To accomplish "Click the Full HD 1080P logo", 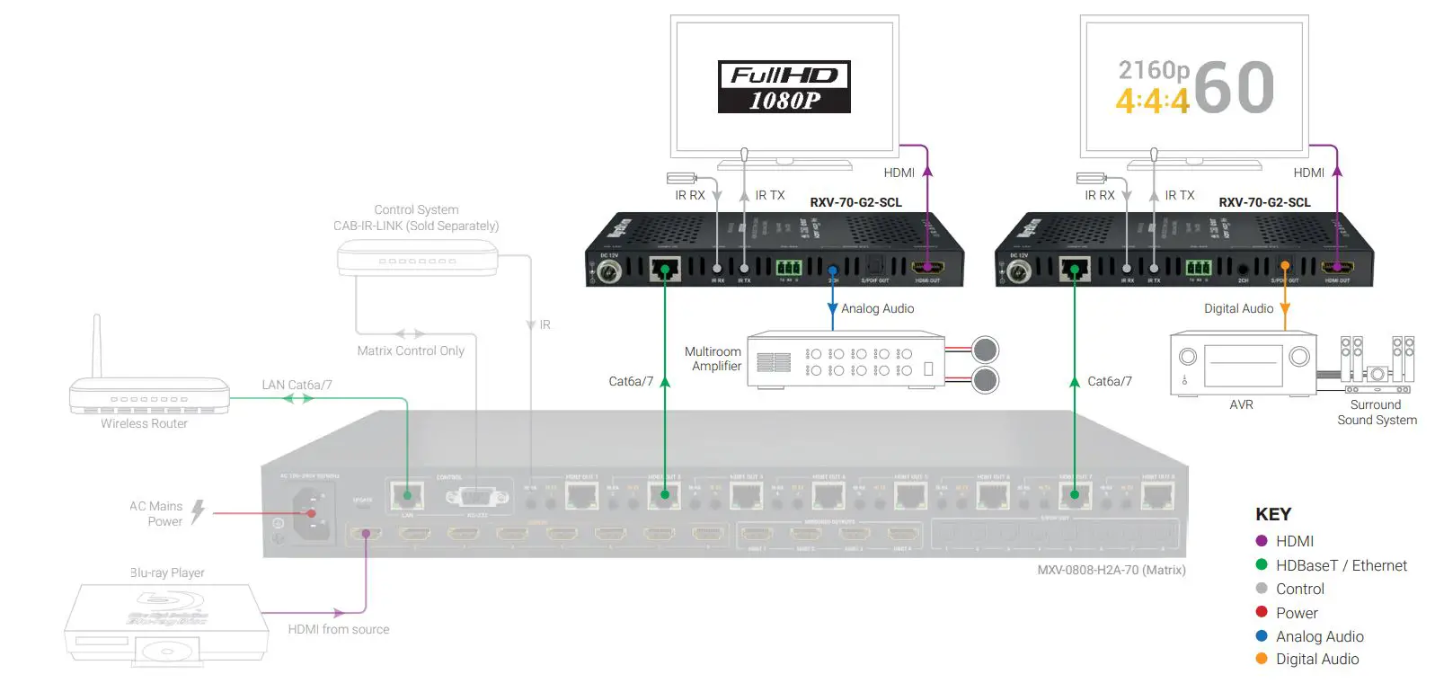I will pyautogui.click(x=784, y=86).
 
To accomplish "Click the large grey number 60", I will pyautogui.click(x=1235, y=87).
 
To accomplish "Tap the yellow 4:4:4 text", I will pyautogui.click(x=1152, y=101).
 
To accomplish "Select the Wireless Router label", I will pyautogui.click(x=144, y=423).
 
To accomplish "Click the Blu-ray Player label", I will pyautogui.click(x=167, y=572).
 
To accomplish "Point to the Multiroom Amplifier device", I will pyautogui.click(x=846, y=360).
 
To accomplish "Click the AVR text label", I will pyautogui.click(x=1241, y=404).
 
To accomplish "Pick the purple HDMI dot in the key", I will pyautogui.click(x=1261, y=541).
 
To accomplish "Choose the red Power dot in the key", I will pyautogui.click(x=1261, y=612).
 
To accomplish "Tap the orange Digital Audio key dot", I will pyautogui.click(x=1261, y=659).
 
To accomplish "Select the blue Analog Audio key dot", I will pyautogui.click(x=1261, y=635).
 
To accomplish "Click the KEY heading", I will pyautogui.click(x=1272, y=514).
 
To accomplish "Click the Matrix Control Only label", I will pyautogui.click(x=411, y=350).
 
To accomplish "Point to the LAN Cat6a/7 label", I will pyautogui.click(x=297, y=385).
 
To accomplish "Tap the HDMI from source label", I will pyautogui.click(x=339, y=629).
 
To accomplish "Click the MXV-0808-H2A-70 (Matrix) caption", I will pyautogui.click(x=1112, y=570).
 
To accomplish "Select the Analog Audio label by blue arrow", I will pyautogui.click(x=877, y=308).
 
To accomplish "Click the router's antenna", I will pyautogui.click(x=97, y=346).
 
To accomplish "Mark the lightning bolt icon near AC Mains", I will pyautogui.click(x=198, y=511).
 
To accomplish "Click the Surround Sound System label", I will pyautogui.click(x=1377, y=413).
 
